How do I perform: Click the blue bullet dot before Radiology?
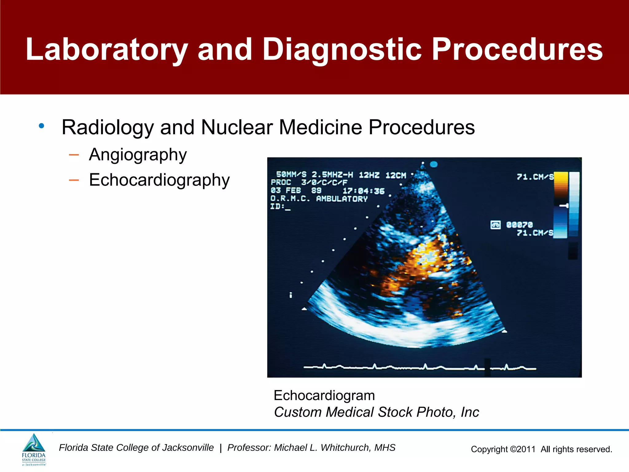[41, 126]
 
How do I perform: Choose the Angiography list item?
[138, 155]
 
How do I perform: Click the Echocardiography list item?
[159, 180]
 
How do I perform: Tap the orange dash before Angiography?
[74, 155]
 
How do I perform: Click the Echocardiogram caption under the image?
[324, 395]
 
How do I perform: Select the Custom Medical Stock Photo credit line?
[376, 412]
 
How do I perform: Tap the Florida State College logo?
[34, 449]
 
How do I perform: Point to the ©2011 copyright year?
[523, 449]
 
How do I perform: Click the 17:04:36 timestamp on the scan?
[364, 191]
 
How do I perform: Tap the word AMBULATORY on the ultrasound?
[342, 199]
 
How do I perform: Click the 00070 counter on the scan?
[519, 225]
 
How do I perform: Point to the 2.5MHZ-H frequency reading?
[332, 175]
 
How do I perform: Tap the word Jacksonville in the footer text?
[188, 448]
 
